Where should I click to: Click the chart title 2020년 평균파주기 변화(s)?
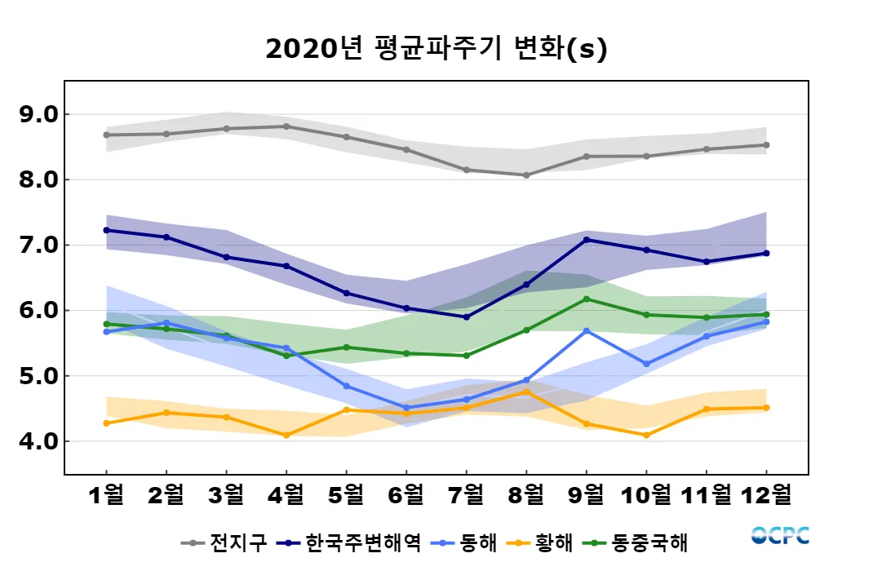(x=436, y=49)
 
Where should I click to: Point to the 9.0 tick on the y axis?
(x=38, y=114)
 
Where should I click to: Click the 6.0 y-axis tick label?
(x=38, y=311)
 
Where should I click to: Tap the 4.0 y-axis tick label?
(x=38, y=441)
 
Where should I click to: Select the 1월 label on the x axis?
(x=106, y=494)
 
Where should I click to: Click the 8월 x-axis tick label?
(x=526, y=494)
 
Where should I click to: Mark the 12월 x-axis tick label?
(x=766, y=494)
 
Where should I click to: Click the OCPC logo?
(x=780, y=536)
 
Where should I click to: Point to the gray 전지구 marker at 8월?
(x=526, y=175)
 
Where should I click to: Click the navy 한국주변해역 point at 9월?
(x=586, y=240)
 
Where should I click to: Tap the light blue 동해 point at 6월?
(x=406, y=408)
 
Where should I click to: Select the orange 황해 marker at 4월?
(x=286, y=435)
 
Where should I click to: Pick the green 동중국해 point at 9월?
(x=586, y=299)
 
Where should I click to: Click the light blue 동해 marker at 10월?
(x=646, y=364)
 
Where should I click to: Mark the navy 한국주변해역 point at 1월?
(x=106, y=230)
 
